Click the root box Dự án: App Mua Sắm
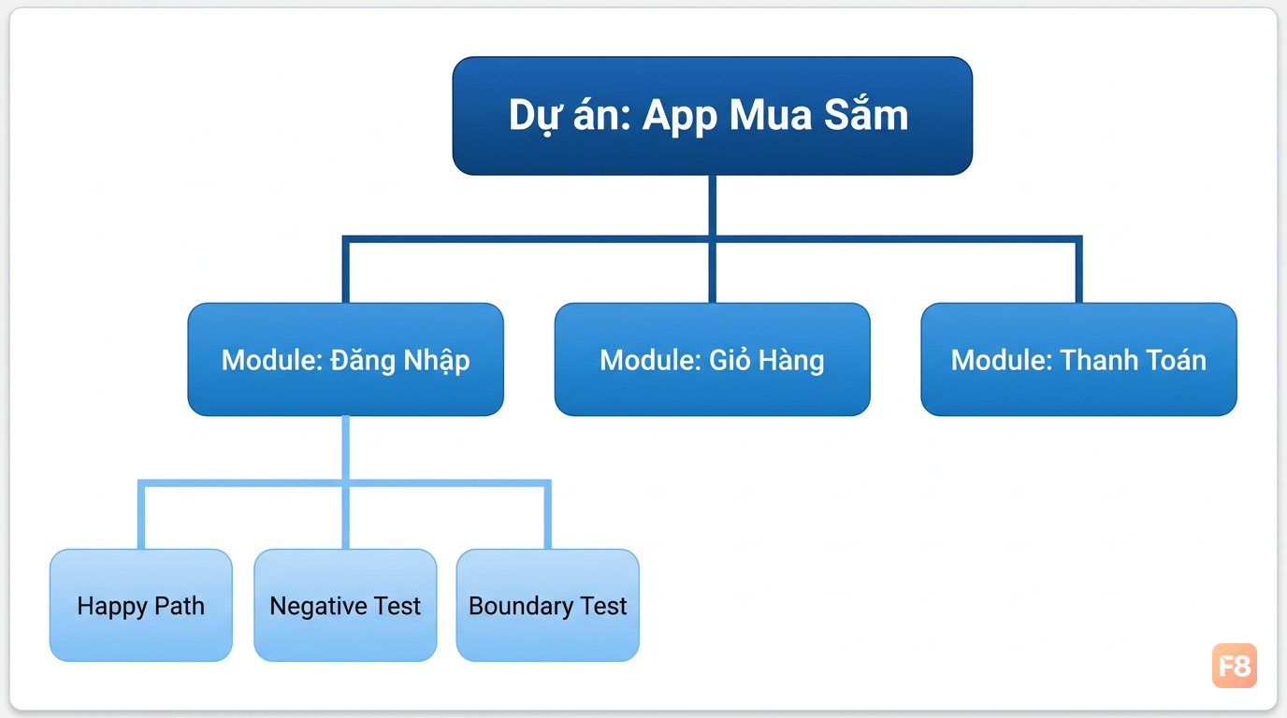pyautogui.click(x=713, y=115)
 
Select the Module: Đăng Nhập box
pyautogui.click(x=346, y=360)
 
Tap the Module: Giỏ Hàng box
pyautogui.click(x=713, y=360)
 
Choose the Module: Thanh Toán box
pyautogui.click(x=1079, y=360)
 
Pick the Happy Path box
pyautogui.click(x=140, y=606)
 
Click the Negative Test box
pyautogui.click(x=345, y=606)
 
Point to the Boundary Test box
pyautogui.click(x=547, y=606)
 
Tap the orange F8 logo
pyautogui.click(x=1235, y=666)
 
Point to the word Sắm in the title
pyautogui.click(x=866, y=114)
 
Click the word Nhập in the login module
pyautogui.click(x=437, y=361)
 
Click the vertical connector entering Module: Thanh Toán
pyautogui.click(x=1079, y=269)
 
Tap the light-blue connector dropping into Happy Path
pyautogui.click(x=140, y=515)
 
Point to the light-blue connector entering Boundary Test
pyautogui.click(x=548, y=515)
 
